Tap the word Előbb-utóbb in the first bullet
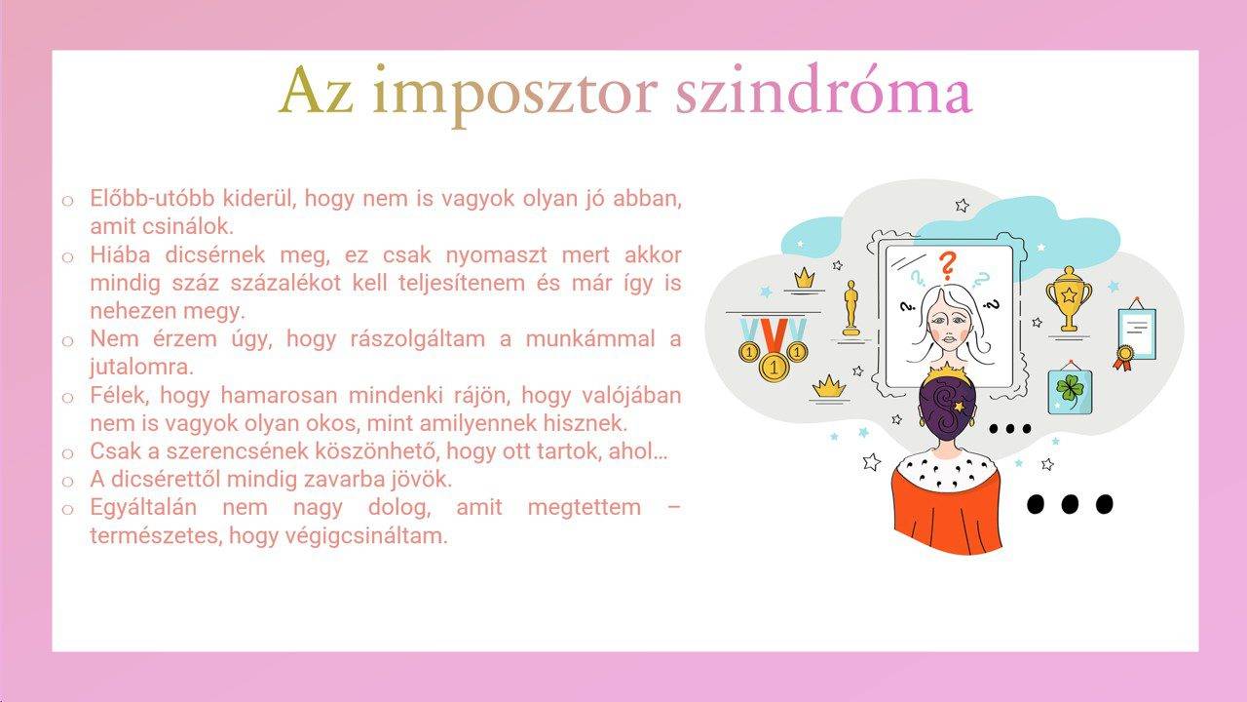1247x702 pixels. click(x=152, y=198)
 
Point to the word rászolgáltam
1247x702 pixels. click(x=418, y=339)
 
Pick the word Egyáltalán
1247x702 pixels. click(x=143, y=508)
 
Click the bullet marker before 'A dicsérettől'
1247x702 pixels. click(x=68, y=482)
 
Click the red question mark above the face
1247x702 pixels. click(x=947, y=265)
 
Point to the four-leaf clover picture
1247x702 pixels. click(x=1070, y=389)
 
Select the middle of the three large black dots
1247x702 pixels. click(x=1070, y=504)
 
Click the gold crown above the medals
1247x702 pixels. click(x=804, y=278)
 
